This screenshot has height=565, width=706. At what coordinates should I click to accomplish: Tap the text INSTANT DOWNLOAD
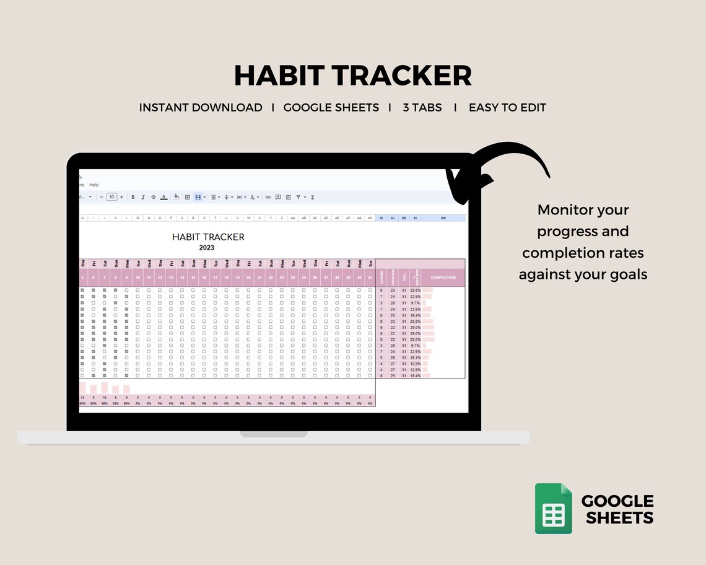tap(201, 107)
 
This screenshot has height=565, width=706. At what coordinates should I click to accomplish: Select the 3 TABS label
tap(422, 107)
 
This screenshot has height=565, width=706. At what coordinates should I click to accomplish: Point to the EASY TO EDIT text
tap(507, 107)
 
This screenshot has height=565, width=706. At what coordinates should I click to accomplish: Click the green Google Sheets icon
tap(554, 509)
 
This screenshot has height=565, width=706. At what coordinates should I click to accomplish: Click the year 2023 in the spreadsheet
tap(207, 248)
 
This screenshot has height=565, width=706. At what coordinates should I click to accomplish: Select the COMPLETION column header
tap(443, 278)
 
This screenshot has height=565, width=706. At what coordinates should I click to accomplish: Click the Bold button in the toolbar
tap(133, 197)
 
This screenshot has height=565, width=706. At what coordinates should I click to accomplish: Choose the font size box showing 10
tap(111, 197)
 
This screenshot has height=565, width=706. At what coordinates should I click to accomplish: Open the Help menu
tap(94, 185)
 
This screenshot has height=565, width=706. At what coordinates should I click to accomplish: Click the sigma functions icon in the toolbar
tap(312, 197)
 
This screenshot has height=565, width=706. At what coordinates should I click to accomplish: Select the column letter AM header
tap(443, 218)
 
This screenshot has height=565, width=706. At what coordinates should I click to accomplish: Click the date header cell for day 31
tap(370, 278)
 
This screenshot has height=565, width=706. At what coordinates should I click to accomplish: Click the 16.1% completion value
tap(415, 357)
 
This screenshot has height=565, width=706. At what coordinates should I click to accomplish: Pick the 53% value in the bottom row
tap(116, 403)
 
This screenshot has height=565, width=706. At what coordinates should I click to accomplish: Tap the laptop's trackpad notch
tap(273, 434)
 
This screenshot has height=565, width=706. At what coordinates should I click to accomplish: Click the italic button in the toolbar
tap(143, 197)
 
